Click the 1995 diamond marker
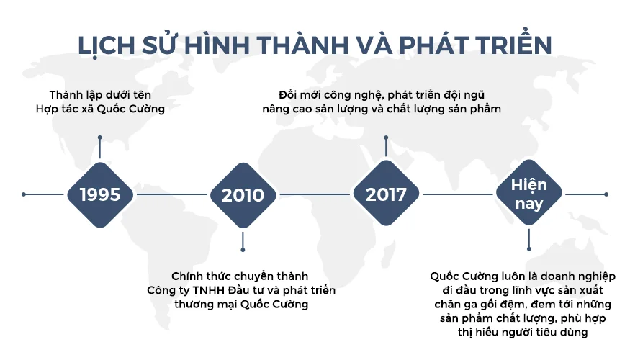click(x=99, y=194)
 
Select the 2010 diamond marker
click(x=243, y=194)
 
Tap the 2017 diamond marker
click(x=386, y=194)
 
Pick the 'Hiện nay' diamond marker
click(x=529, y=194)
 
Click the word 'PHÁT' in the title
click(x=418, y=45)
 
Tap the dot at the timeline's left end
click(x=24, y=194)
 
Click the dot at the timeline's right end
click(x=606, y=194)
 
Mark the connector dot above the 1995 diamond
click(x=99, y=137)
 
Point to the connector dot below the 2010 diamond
click(x=243, y=250)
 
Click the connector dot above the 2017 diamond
click(x=386, y=137)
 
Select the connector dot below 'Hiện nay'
click(x=529, y=250)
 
